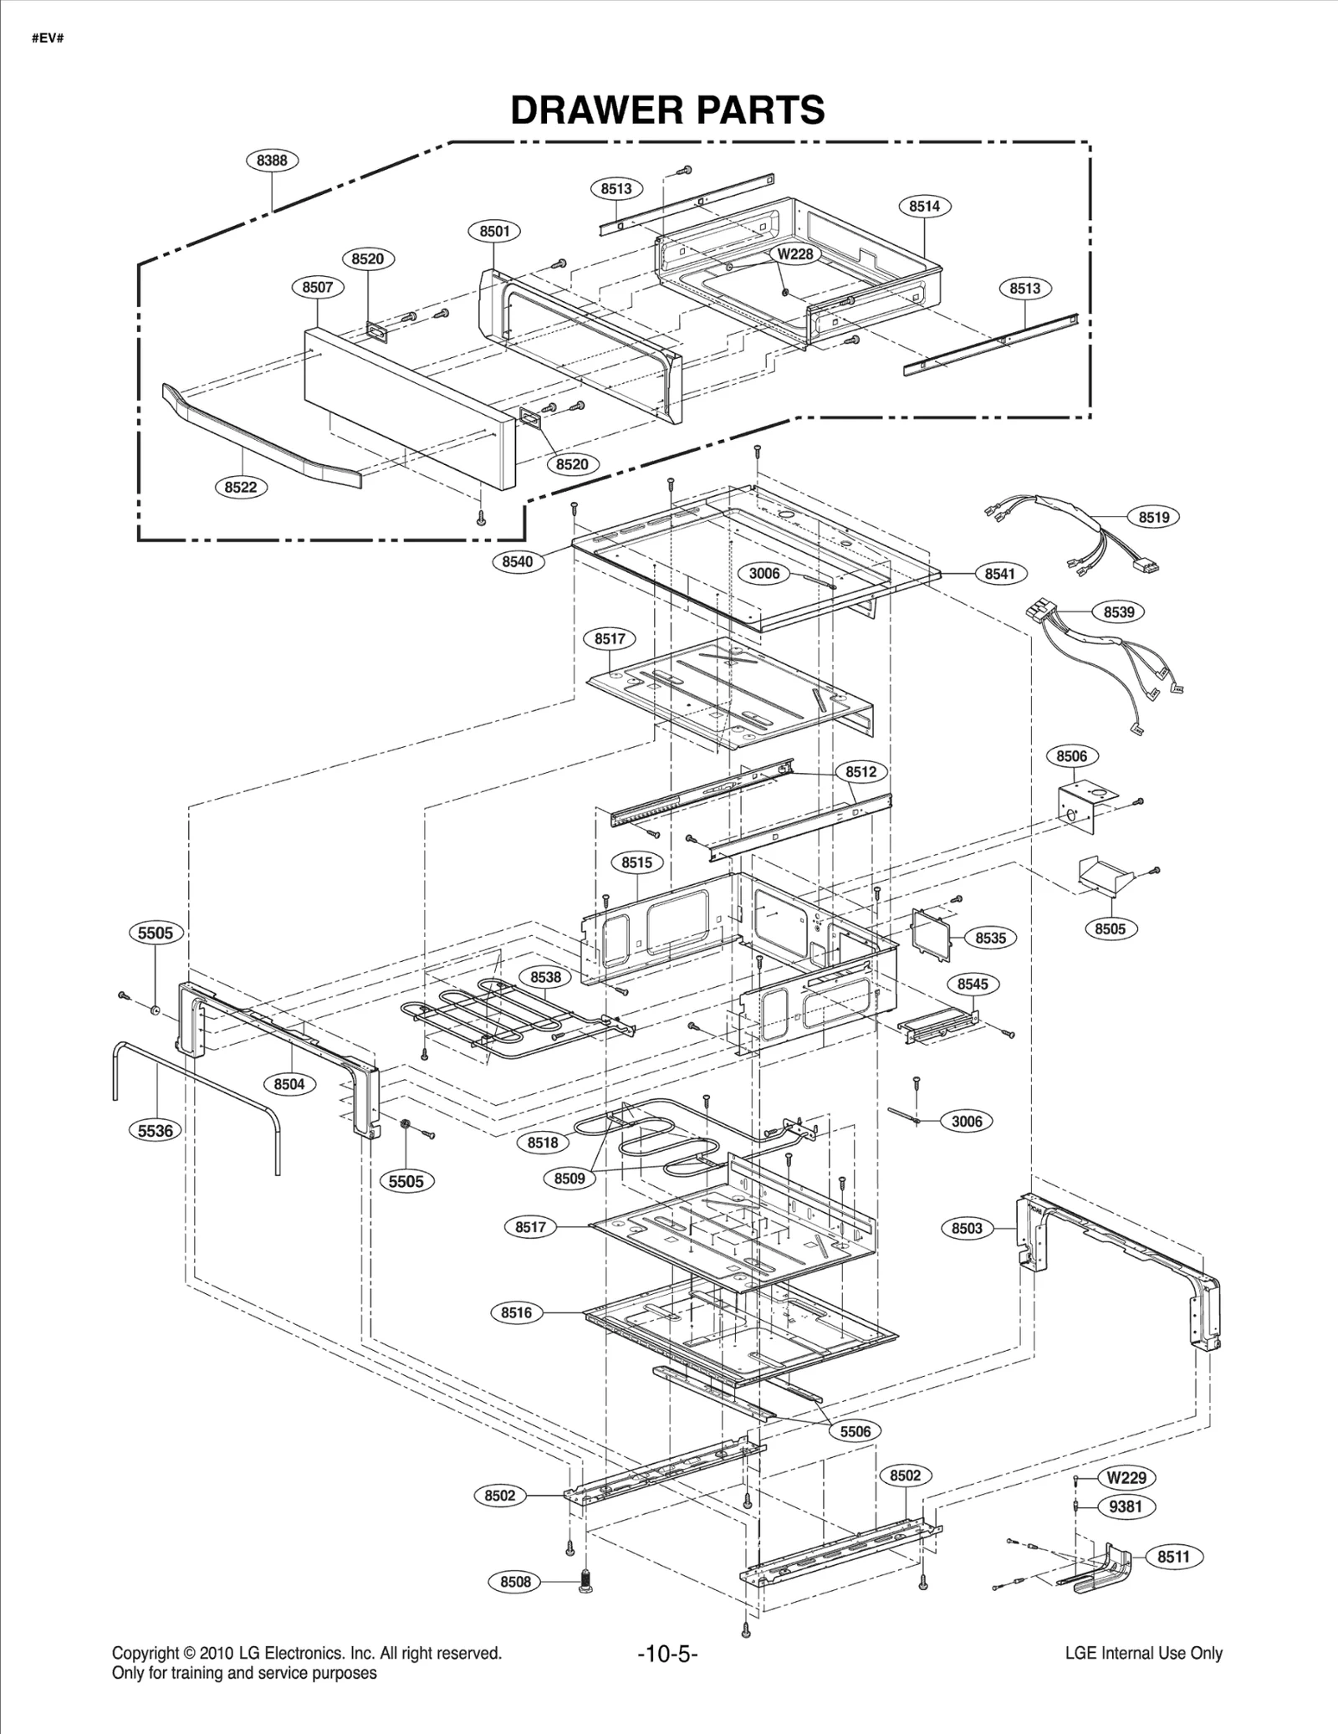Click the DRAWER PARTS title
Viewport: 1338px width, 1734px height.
(x=667, y=110)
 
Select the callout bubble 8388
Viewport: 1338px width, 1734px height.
(x=272, y=160)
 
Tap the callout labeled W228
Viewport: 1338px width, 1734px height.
(x=794, y=253)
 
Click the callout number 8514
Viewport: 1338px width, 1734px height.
(x=924, y=206)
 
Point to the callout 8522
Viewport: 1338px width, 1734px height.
(x=241, y=487)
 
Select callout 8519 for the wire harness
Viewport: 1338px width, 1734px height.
(x=1153, y=517)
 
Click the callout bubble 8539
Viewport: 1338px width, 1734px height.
(x=1118, y=612)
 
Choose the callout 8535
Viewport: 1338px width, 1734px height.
(x=990, y=938)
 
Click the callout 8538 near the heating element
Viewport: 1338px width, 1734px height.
(x=545, y=977)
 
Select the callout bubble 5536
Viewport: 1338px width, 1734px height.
(x=156, y=1131)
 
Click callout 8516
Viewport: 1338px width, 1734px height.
(x=516, y=1312)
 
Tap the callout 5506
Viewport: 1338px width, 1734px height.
(x=855, y=1430)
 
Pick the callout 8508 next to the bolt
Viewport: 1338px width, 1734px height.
(x=515, y=1582)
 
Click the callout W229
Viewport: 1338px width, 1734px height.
(x=1126, y=1477)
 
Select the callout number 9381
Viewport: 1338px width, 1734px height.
(x=1126, y=1506)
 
